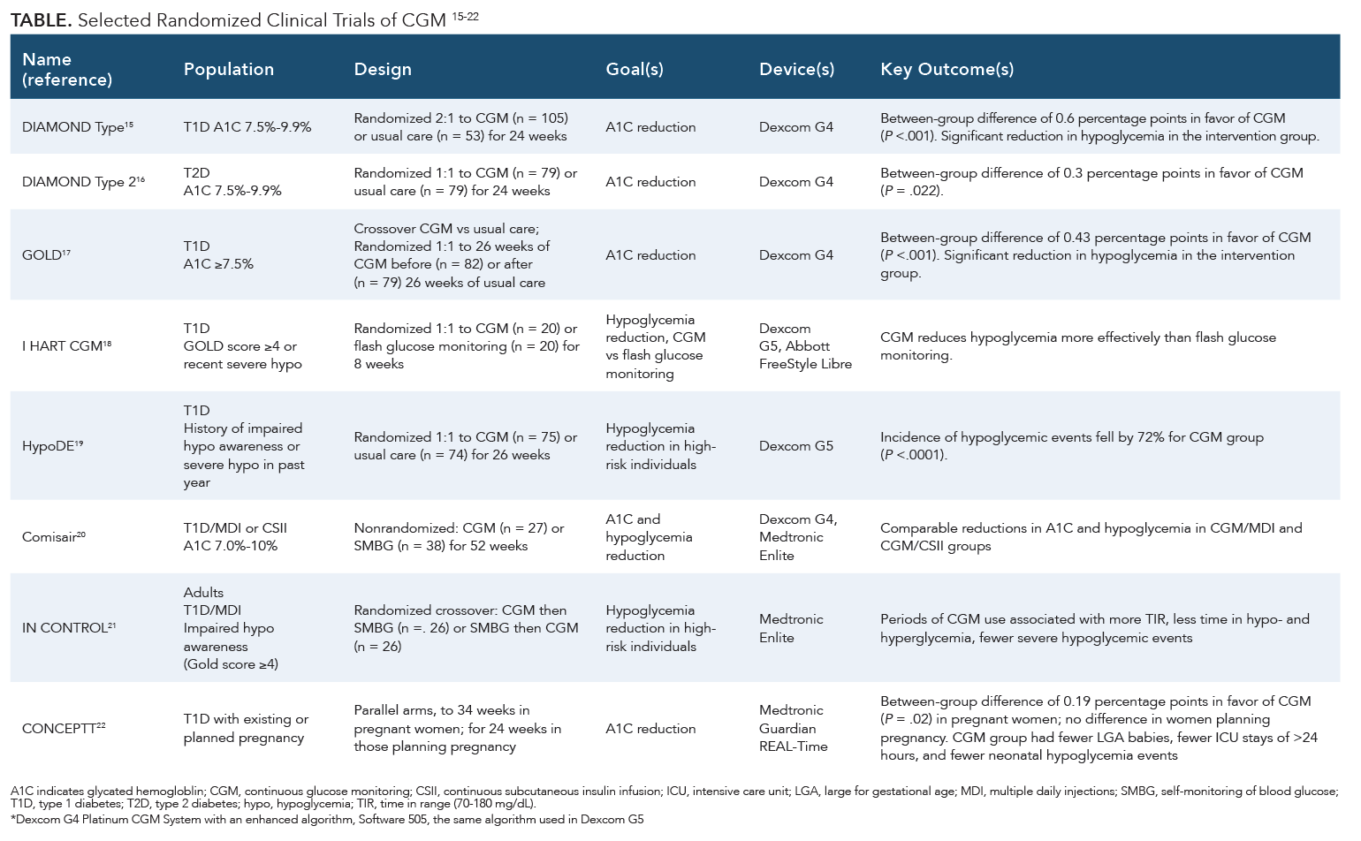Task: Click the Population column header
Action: [228, 69]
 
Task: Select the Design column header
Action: [383, 69]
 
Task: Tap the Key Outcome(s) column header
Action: [947, 69]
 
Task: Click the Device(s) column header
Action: [796, 69]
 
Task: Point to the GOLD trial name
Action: [46, 255]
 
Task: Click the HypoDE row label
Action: [52, 446]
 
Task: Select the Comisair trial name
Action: [53, 537]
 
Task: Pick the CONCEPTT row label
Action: [64, 728]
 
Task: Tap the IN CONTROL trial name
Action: [69, 628]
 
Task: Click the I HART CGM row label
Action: [67, 346]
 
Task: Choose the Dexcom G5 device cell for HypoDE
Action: [796, 446]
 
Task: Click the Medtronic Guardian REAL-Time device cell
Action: [793, 728]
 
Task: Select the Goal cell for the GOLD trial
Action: [650, 255]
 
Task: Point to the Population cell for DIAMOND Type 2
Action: [232, 182]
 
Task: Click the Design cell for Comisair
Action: [460, 537]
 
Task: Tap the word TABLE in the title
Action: [41, 20]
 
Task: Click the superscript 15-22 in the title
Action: [465, 17]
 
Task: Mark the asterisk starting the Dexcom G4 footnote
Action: [12, 818]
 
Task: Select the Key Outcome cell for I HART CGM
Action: [1078, 346]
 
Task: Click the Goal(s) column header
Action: [635, 69]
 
